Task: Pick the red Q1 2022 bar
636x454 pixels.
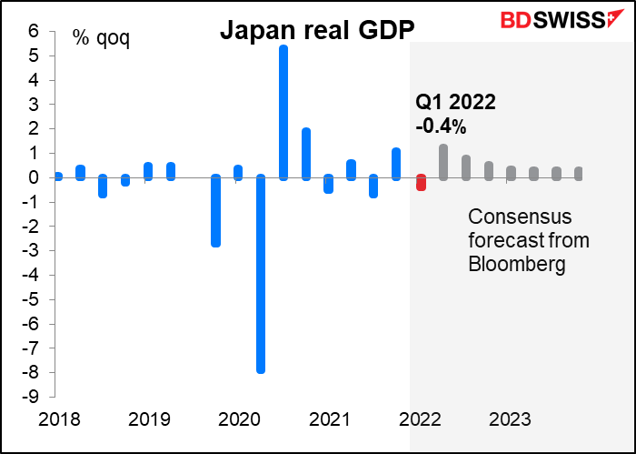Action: (x=421, y=182)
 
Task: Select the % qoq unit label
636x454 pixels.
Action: (x=101, y=41)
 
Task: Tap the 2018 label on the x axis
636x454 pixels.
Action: (x=59, y=420)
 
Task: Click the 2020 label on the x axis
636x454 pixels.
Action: (x=240, y=420)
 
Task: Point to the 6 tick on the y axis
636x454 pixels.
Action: (x=34, y=31)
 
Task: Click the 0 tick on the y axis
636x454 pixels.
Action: (x=34, y=177)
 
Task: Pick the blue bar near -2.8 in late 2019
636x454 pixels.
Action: (x=216, y=211)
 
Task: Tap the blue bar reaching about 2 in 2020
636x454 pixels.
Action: (x=306, y=154)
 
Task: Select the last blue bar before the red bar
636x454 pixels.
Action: (x=396, y=164)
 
